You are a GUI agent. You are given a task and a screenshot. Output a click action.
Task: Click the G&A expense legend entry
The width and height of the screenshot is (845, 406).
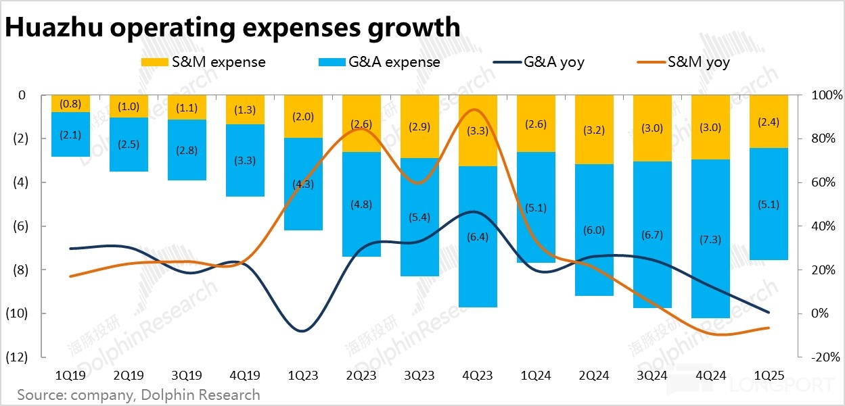pyautogui.click(x=379, y=62)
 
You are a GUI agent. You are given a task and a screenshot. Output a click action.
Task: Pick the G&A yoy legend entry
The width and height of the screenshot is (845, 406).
pyautogui.click(x=539, y=62)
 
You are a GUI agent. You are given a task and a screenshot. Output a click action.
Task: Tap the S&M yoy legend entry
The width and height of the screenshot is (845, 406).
pyautogui.click(x=683, y=62)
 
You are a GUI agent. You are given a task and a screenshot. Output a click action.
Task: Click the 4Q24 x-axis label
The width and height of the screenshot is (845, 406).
pyautogui.click(x=710, y=376)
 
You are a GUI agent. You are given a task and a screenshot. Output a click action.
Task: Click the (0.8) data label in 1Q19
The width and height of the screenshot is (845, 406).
pyautogui.click(x=70, y=104)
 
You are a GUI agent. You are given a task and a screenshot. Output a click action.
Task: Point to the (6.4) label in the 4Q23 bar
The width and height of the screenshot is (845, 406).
pyautogui.click(x=478, y=236)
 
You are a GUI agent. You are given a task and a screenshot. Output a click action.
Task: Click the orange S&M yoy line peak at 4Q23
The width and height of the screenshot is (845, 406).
pyautogui.click(x=476, y=109)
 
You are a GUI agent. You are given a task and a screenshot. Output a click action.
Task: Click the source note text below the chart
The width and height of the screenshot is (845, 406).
pyautogui.click(x=139, y=395)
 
